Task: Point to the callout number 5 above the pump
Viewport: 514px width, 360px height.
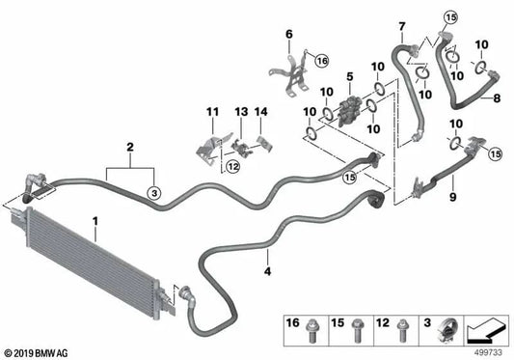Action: click(350, 75)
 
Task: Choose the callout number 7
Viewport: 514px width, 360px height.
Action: click(401, 23)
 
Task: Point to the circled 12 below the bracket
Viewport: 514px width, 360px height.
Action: click(232, 167)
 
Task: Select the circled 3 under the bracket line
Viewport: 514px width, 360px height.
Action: click(152, 194)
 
